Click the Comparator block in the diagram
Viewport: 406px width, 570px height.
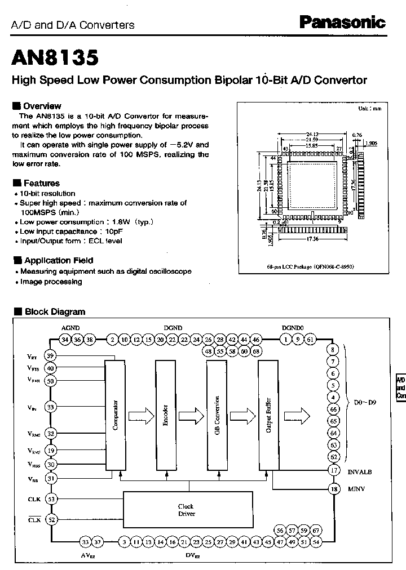pos(114,416)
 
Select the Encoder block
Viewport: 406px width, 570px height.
pos(166,416)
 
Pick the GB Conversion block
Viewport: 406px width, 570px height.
pos(217,416)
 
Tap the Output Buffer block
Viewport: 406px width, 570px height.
pos(268,416)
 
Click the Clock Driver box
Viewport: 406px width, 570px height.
pos(187,510)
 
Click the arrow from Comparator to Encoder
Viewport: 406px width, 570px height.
pos(140,416)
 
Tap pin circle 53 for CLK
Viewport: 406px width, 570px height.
pos(51,499)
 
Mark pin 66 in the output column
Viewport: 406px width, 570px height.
pos(334,409)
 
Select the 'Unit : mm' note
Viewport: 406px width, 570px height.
pos(369,108)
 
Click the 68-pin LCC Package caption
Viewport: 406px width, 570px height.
pos(314,267)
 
